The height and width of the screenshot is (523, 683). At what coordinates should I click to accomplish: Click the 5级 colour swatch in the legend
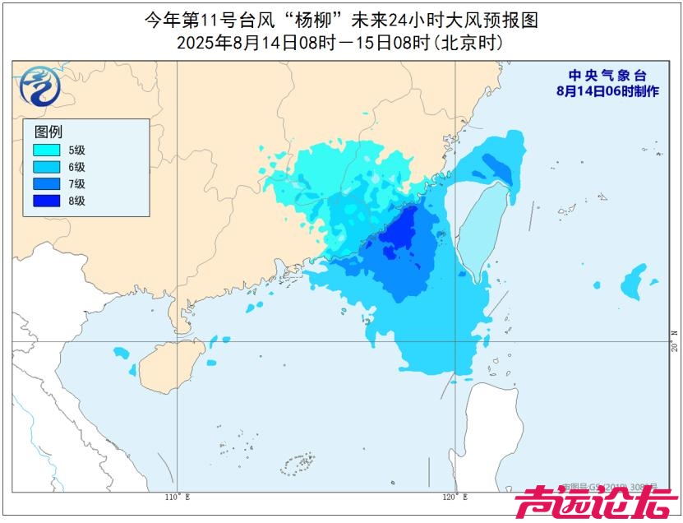[47, 150]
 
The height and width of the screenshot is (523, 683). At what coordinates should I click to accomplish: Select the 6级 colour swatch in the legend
[47, 167]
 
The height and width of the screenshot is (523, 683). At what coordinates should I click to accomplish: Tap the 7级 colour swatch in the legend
[47, 183]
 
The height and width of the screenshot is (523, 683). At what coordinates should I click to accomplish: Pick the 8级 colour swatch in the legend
[47, 201]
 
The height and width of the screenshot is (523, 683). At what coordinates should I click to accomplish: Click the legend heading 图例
[48, 132]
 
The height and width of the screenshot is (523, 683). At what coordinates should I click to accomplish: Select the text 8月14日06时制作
[607, 91]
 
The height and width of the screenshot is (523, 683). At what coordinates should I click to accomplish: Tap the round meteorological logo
[39, 86]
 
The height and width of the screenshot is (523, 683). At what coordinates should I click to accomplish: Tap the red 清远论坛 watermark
[595, 503]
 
